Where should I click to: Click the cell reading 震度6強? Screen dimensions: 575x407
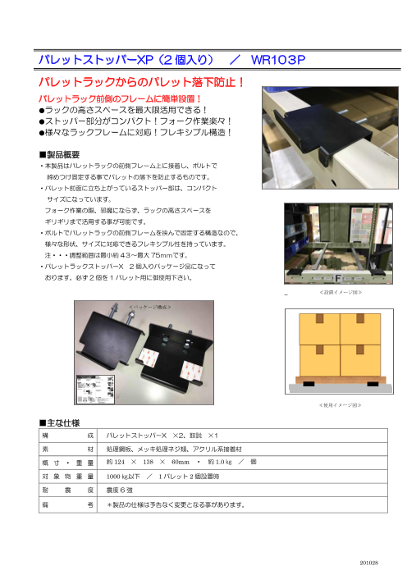tap(124, 490)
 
